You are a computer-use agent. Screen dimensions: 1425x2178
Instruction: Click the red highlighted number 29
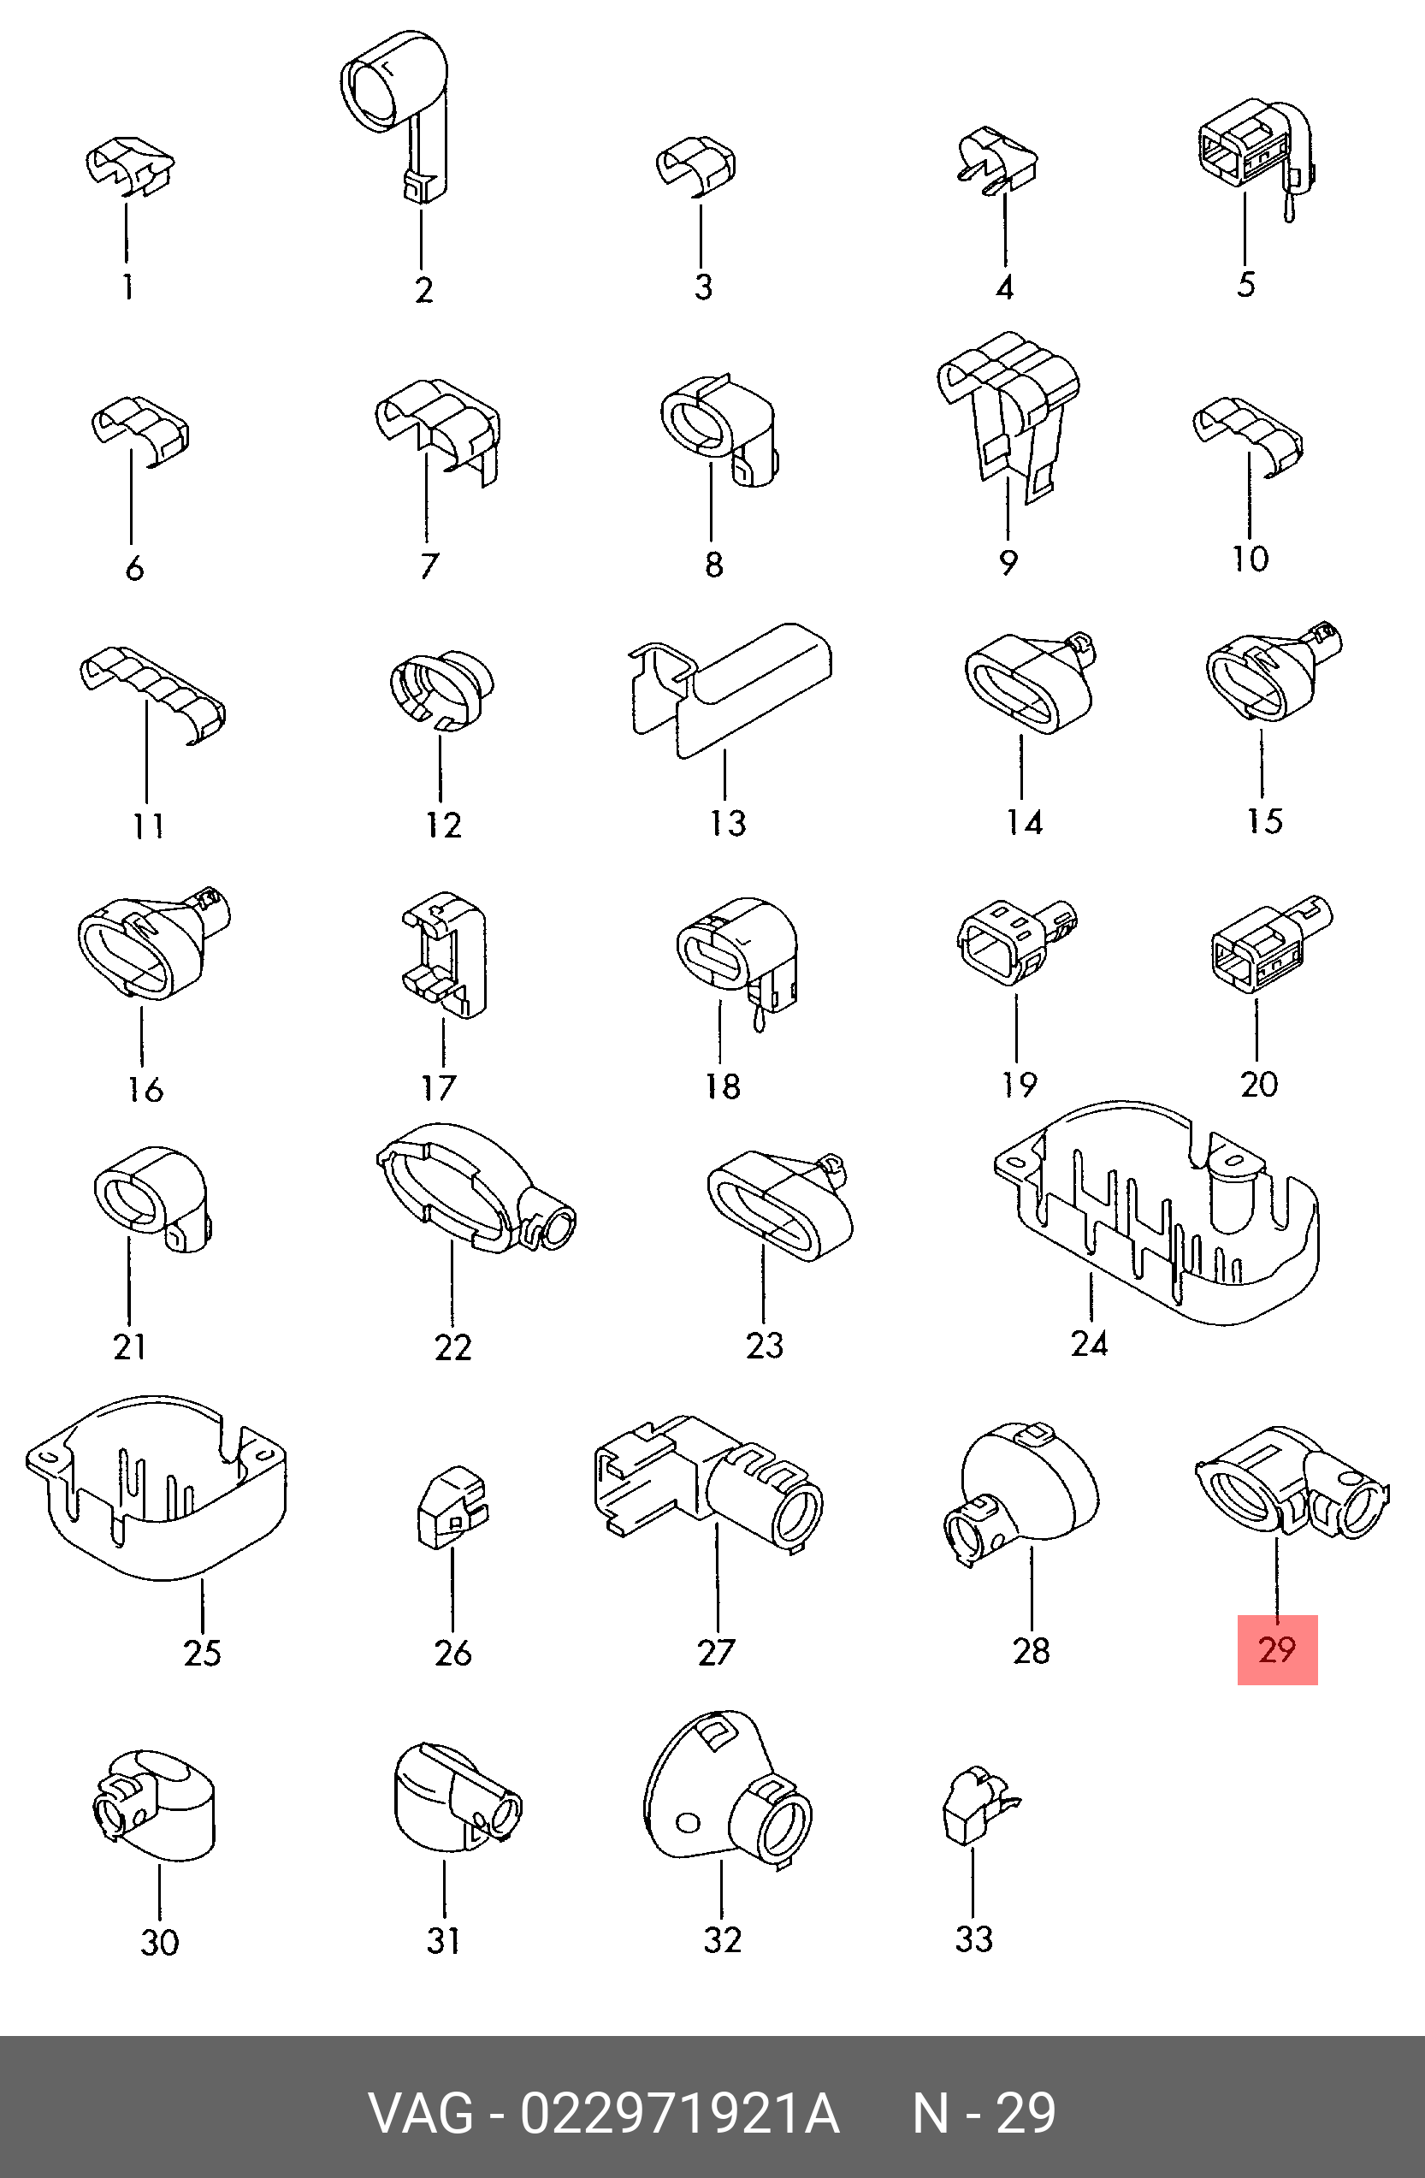(1277, 1649)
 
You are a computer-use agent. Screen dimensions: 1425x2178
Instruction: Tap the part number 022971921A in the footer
(679, 2113)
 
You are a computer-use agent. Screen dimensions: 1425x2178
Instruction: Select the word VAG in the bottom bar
(422, 2113)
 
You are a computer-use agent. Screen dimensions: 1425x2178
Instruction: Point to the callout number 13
(728, 823)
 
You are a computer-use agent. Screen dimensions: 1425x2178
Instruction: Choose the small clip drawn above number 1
(129, 167)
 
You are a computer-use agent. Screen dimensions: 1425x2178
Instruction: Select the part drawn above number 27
(708, 1484)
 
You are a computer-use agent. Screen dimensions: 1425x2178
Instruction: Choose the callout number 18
(723, 1086)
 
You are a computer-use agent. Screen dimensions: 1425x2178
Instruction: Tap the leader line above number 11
(146, 754)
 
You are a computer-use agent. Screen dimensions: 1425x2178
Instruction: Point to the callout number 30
(159, 1942)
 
